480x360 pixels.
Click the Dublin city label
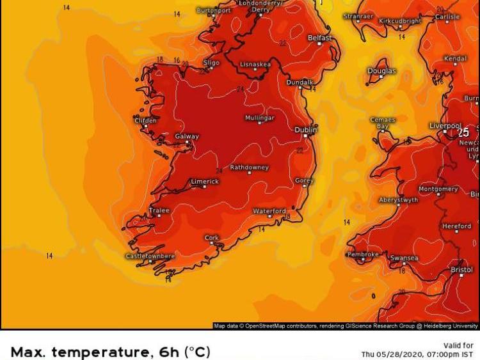coord(305,129)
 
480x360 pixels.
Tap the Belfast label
coord(319,38)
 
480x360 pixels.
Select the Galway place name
coord(187,136)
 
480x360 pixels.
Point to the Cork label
coord(212,237)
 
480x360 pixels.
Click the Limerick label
coord(205,182)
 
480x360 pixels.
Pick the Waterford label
coord(269,211)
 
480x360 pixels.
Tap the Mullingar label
coord(260,118)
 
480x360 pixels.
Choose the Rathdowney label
coord(249,168)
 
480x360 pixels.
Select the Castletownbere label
coord(150,256)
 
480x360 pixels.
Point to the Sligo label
coord(211,63)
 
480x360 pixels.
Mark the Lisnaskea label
coord(255,65)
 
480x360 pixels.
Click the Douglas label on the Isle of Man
coord(381,71)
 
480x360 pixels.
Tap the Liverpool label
coord(445,125)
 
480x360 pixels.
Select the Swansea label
coord(404,258)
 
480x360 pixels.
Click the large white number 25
coord(463,132)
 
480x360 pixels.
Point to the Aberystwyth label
coord(398,200)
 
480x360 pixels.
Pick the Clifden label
coord(145,120)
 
